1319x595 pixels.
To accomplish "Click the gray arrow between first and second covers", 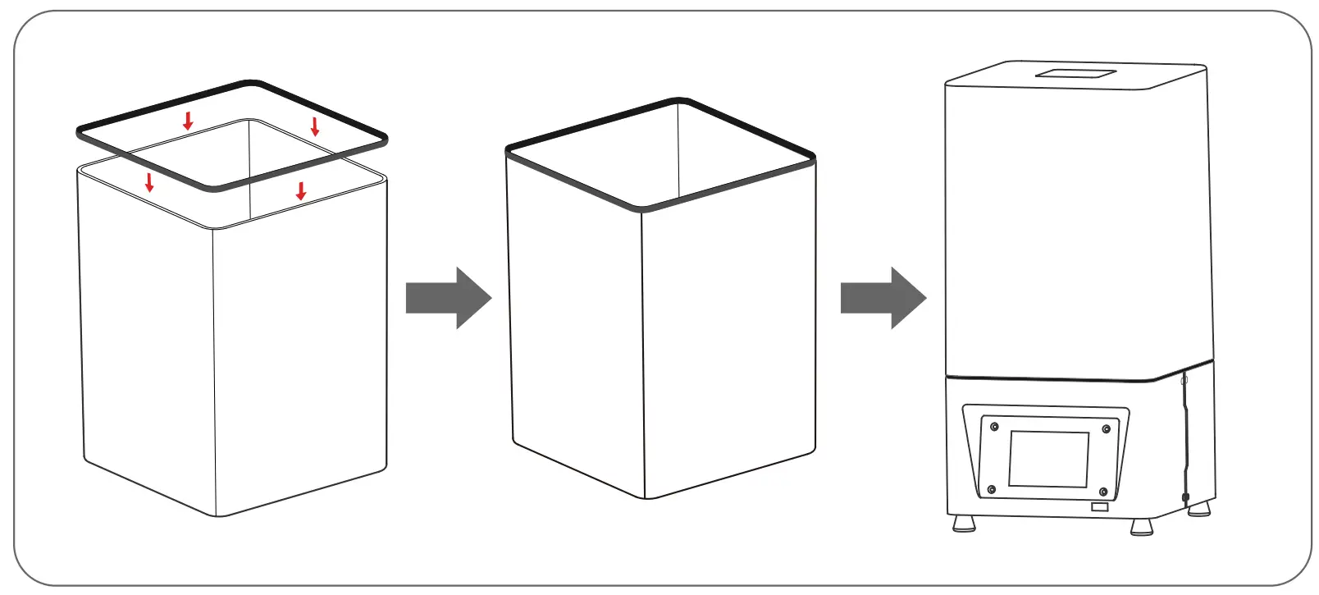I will click(x=448, y=298).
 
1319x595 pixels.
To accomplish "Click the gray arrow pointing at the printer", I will click(x=883, y=298).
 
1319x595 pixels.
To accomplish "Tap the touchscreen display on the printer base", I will click(x=1048, y=459).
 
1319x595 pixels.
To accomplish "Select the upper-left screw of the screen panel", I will click(x=994, y=427).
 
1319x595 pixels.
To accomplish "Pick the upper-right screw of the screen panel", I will click(x=1106, y=429).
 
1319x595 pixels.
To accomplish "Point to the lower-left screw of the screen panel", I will click(x=991, y=490).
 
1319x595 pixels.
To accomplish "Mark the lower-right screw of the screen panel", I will click(x=1103, y=492).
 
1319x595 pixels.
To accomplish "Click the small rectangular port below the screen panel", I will click(x=1099, y=507).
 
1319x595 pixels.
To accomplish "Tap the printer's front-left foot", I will click(x=964, y=523).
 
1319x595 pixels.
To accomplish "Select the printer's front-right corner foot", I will click(x=1141, y=527).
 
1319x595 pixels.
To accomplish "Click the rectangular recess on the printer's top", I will click(x=1075, y=74).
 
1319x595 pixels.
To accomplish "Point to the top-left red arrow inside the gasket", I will click(x=188, y=121).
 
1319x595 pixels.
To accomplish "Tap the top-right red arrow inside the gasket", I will click(x=314, y=126).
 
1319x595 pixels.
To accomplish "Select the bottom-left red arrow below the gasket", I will click(x=149, y=182).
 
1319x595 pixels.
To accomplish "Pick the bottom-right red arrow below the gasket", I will click(x=301, y=191).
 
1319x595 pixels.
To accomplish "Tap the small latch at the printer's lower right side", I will click(x=1185, y=497).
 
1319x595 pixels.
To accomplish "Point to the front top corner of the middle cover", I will click(x=641, y=208).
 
